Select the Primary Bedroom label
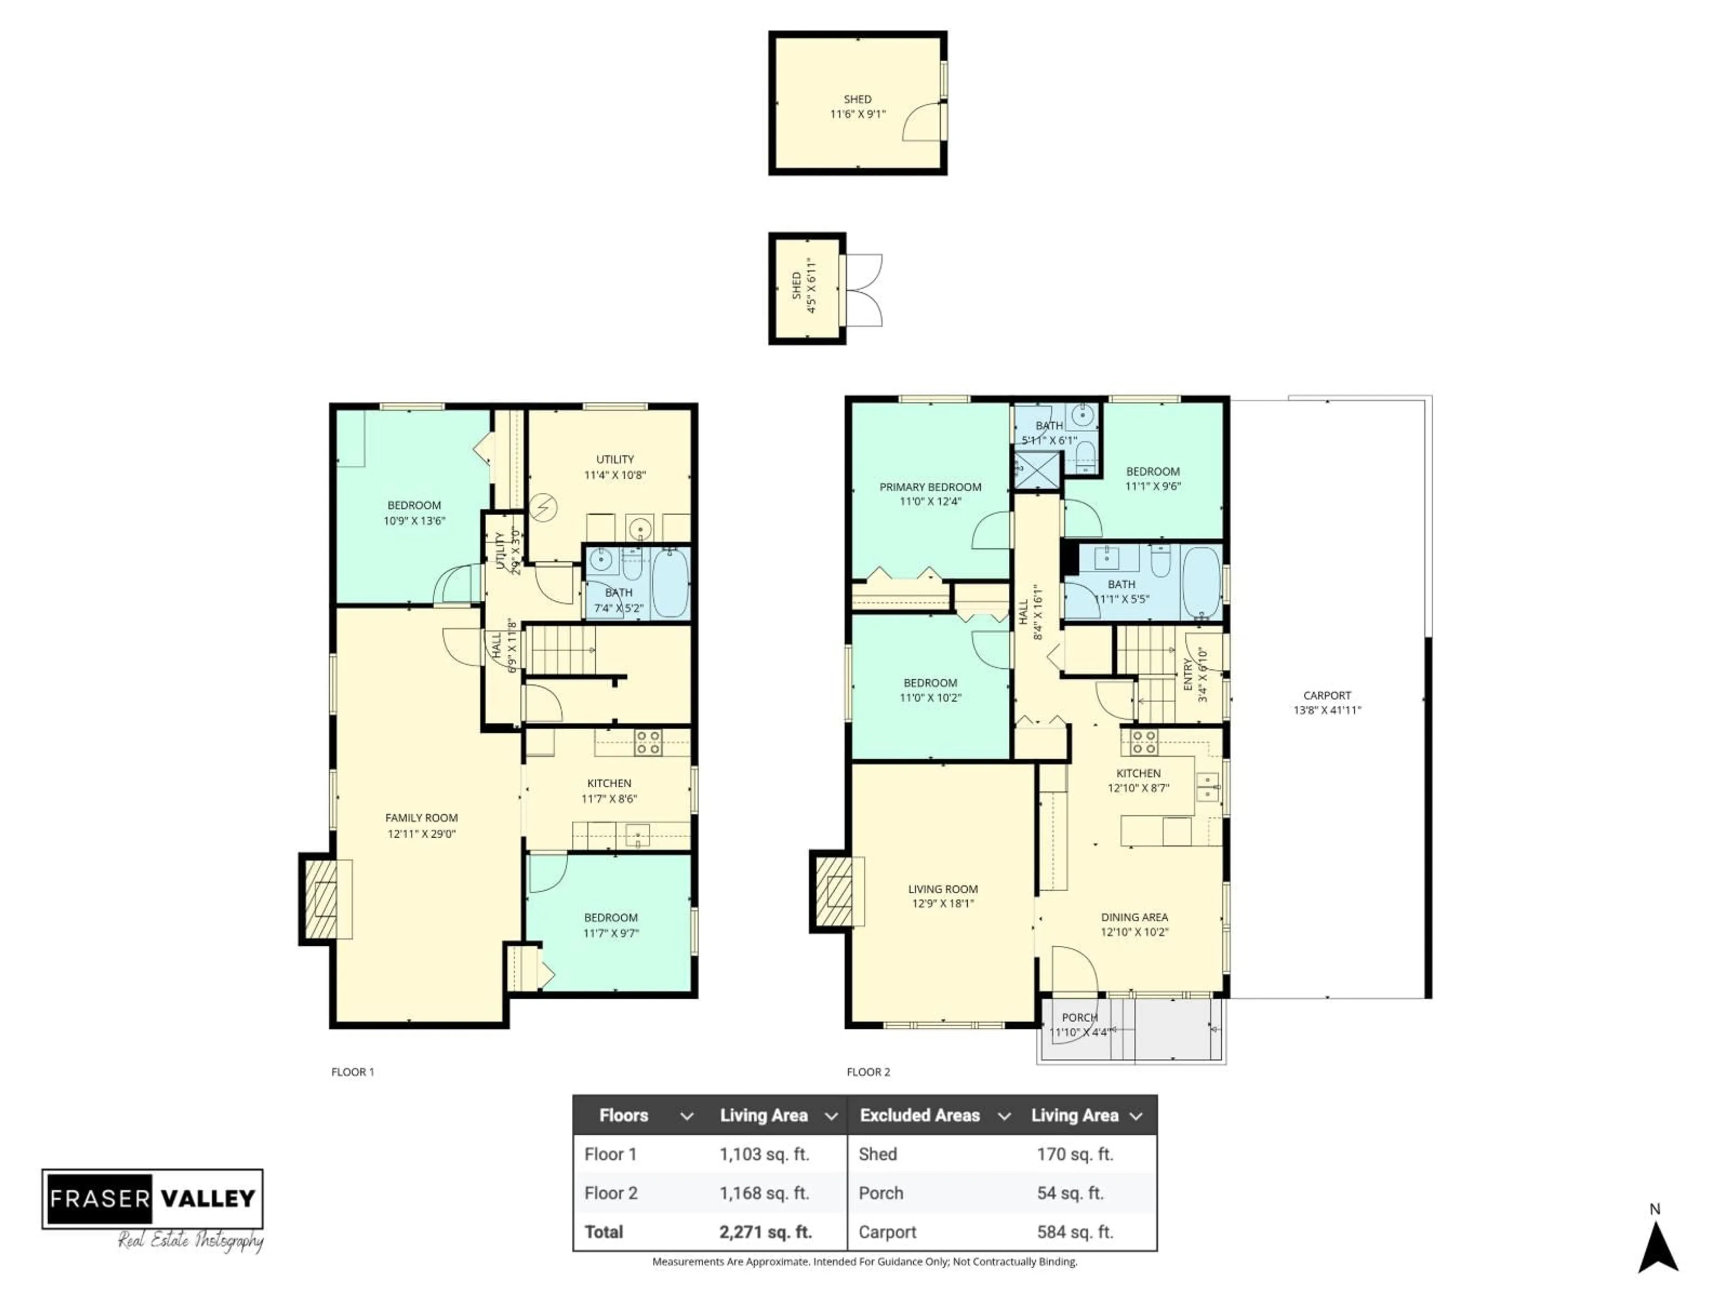coord(930,487)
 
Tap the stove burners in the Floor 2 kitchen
coord(1143,742)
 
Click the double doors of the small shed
coord(864,289)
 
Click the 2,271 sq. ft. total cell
coord(765,1232)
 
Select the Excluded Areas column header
coord(920,1116)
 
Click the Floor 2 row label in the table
coord(611,1193)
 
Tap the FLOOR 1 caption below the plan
coord(353,1072)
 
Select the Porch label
coord(1079,1017)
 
